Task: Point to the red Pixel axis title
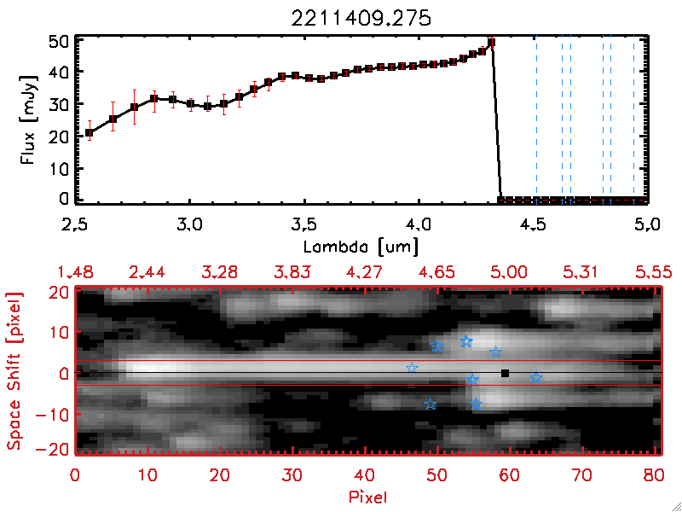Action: point(365,496)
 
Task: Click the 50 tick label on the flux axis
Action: point(58,41)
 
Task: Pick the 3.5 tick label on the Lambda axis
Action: point(303,226)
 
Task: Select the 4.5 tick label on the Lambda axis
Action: point(533,226)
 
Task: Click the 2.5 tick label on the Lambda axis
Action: point(76,226)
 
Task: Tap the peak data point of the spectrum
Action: point(491,42)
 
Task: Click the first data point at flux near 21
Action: point(89,132)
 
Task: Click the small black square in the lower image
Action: point(506,373)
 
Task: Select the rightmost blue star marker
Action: point(536,377)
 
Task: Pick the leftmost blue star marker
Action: point(413,368)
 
